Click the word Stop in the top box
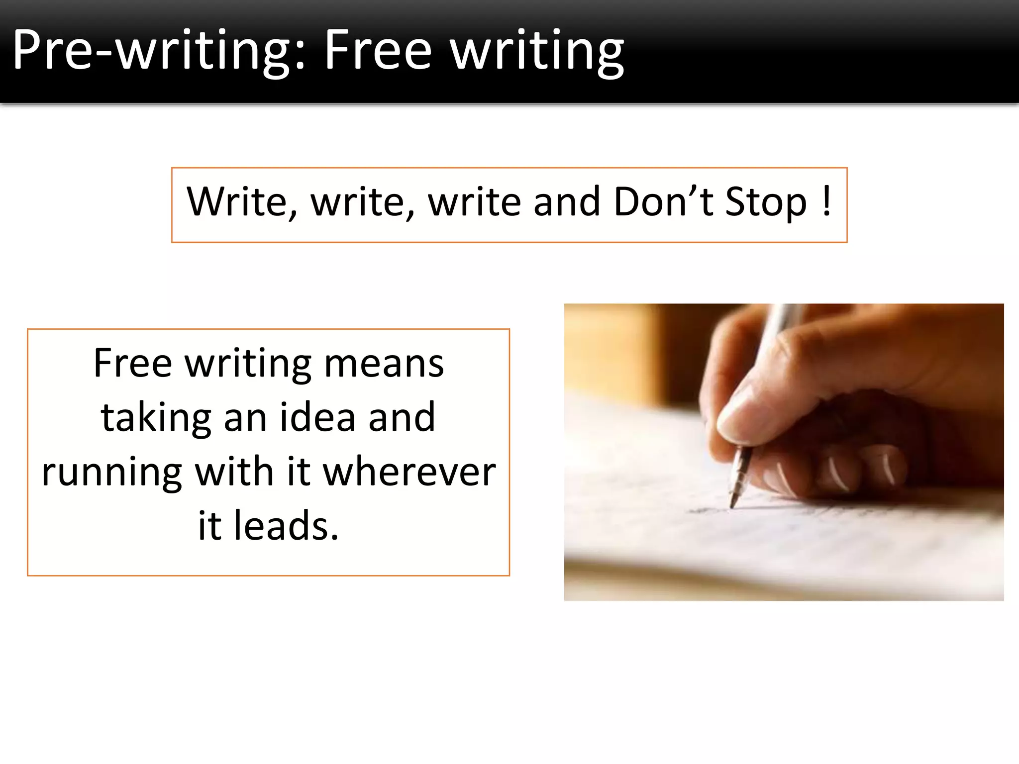766,202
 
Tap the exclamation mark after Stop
826,201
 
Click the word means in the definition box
384,364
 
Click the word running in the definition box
112,473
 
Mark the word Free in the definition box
133,364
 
